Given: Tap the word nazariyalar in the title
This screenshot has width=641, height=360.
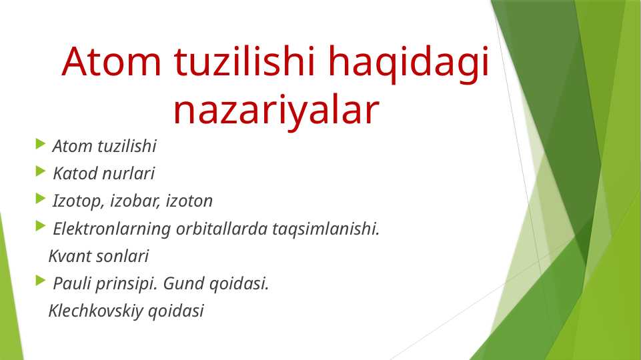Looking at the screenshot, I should tap(276, 110).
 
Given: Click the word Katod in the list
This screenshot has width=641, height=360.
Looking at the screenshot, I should tap(73, 174).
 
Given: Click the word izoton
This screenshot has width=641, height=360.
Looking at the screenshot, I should tap(189, 201).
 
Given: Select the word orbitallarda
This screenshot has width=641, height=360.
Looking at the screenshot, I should tap(221, 229).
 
